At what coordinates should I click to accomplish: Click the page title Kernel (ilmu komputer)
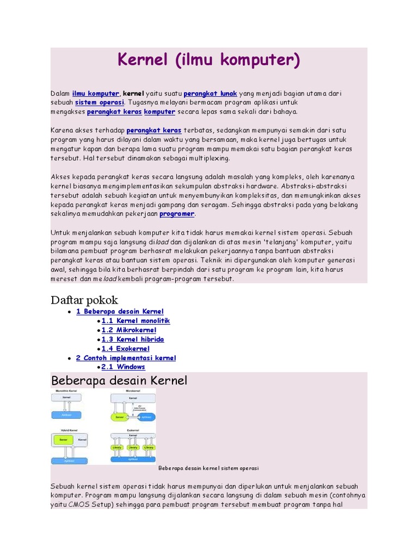point(209,60)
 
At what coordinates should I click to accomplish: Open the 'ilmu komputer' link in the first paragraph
point(95,94)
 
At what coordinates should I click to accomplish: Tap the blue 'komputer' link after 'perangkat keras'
point(159,112)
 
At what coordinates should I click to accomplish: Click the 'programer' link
point(176,214)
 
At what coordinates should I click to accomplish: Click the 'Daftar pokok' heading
point(84,300)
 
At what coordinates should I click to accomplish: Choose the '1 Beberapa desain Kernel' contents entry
point(120,312)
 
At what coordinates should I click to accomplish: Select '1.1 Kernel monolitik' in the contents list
point(136,321)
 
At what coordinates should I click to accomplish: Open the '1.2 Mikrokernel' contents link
point(129,330)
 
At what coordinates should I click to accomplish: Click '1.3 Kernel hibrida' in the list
point(133,339)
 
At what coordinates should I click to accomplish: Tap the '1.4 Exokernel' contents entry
point(125,349)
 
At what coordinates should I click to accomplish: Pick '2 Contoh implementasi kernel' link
point(126,358)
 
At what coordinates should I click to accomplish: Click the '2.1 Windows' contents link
point(123,367)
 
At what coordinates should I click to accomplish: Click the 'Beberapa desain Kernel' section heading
point(119,381)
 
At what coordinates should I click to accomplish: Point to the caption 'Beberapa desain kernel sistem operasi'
point(208,468)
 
